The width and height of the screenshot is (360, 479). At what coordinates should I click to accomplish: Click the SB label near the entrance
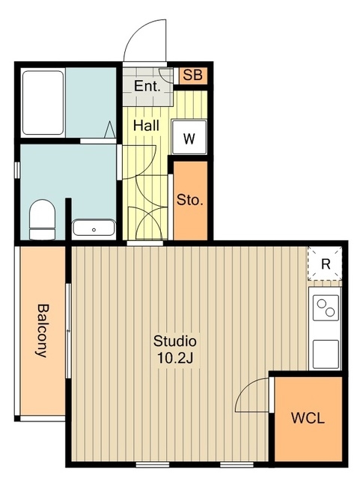pos(193,75)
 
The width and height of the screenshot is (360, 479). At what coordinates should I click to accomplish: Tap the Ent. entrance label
pos(147,86)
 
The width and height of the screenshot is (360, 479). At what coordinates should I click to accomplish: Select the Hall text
pos(146,126)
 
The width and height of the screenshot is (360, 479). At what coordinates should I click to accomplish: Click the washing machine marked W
pos(189,137)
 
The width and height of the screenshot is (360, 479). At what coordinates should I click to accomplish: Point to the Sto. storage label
pos(190,200)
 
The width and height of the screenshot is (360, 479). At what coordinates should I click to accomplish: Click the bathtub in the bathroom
pos(43,103)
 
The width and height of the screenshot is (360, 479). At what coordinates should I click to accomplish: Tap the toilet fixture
pos(43,219)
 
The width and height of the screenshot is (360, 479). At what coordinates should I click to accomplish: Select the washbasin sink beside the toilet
pos(94,228)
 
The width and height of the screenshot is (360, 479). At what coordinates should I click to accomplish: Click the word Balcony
pos(42,331)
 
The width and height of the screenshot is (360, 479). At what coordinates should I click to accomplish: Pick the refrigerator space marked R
pos(325,263)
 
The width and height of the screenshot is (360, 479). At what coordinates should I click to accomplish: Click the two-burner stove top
pos(325,308)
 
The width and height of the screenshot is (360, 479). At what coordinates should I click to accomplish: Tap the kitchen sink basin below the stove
pos(325,354)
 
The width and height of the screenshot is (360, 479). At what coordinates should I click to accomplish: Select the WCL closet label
pos(308,418)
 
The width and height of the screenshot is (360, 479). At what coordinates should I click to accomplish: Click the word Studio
pos(175,341)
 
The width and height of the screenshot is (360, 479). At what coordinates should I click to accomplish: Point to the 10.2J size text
pos(175,358)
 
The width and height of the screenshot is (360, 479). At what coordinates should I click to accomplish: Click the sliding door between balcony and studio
pos(68,331)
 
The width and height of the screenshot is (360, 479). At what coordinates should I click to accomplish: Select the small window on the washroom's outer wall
pos(17,170)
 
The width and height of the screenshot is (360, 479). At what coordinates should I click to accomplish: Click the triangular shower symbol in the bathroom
pos(110,129)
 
